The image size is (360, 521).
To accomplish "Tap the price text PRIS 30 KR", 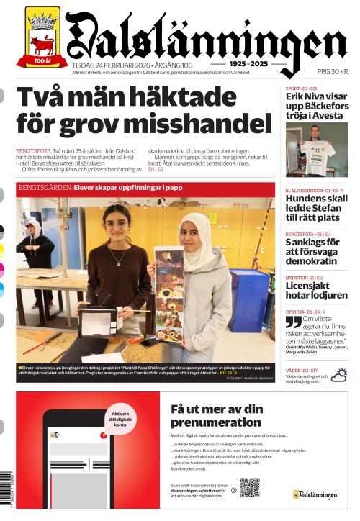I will pyautogui.click(x=333, y=72).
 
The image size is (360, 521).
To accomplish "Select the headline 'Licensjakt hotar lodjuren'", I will pyautogui.click(x=316, y=291).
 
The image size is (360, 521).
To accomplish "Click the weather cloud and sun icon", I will pyautogui.click(x=338, y=374).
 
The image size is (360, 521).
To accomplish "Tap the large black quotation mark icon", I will pyautogui.click(x=293, y=321).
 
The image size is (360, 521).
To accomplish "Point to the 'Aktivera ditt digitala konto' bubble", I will pyautogui.click(x=121, y=421).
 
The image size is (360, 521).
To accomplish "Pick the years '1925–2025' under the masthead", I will pyautogui.click(x=248, y=64).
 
